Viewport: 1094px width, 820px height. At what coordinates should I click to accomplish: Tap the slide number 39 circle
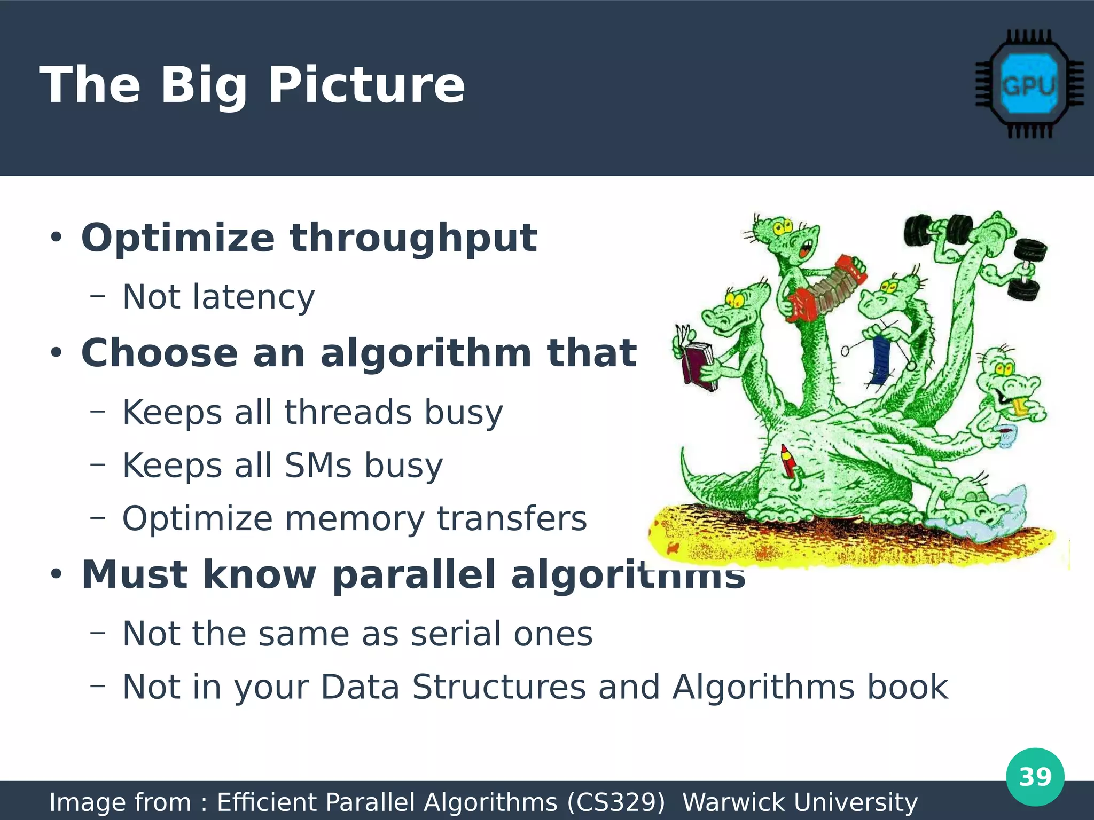(1035, 777)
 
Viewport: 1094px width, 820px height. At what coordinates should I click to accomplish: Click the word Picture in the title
(366, 85)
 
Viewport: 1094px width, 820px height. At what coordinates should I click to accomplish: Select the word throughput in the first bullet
(413, 238)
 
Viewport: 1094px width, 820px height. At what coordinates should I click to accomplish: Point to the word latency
(254, 297)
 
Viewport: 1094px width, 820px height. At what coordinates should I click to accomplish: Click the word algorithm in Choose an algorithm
(425, 353)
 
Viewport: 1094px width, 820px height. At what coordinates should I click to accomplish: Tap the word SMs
(318, 466)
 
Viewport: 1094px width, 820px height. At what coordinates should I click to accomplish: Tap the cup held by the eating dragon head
(1006, 435)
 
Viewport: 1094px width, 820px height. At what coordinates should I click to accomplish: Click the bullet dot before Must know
(56, 575)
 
